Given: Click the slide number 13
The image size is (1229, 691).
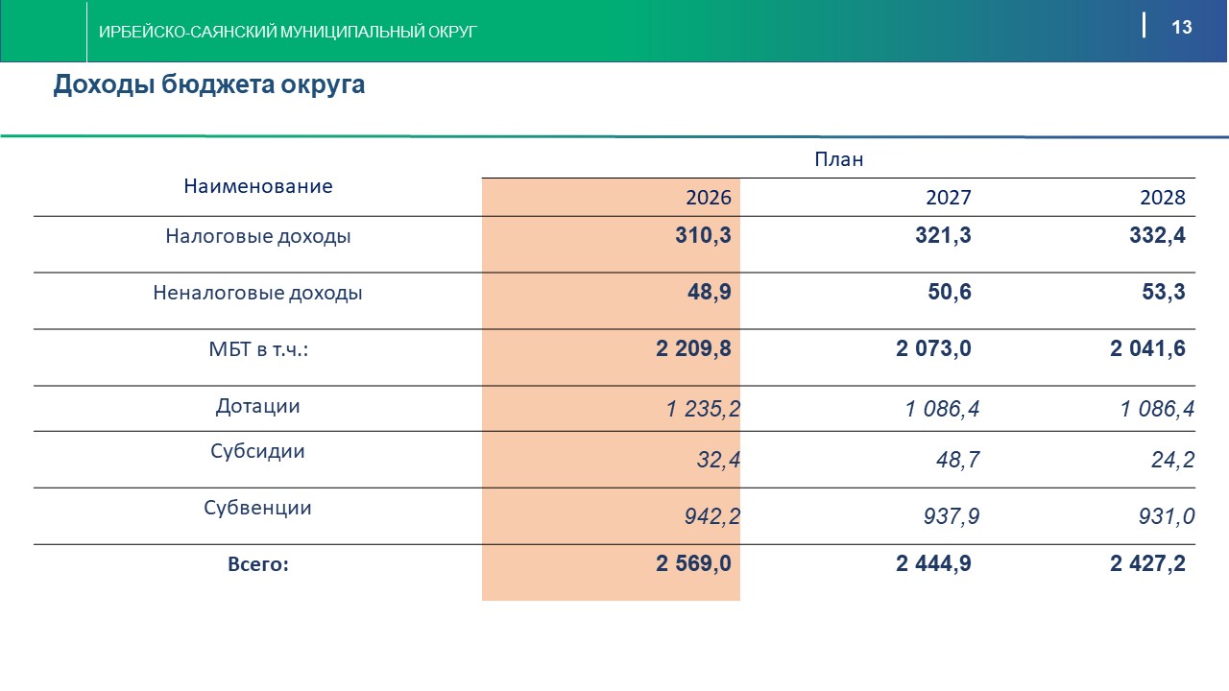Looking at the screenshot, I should pos(1181,27).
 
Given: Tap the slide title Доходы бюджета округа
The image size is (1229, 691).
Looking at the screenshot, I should pos(208,84).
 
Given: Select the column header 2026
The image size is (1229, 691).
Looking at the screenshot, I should pos(708,198).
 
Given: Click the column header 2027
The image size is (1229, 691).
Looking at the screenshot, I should pos(948,198).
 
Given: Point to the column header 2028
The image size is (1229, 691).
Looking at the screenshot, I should pos(1163,198).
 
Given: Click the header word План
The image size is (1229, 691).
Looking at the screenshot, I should pos(838,159).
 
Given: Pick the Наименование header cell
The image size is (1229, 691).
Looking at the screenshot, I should pos(257,186).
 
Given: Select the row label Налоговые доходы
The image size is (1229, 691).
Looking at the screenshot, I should pos(257,236).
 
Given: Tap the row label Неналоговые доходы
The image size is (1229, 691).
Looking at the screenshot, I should pos(257,293).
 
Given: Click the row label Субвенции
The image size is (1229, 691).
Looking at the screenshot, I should pos(257,508).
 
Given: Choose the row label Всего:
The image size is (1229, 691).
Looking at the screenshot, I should pos(257,564).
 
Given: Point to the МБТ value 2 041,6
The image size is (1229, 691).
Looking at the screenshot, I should pos(1147,349).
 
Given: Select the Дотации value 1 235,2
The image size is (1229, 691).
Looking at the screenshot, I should pos(703,410).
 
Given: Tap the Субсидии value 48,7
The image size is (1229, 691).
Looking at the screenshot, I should pos(957,460).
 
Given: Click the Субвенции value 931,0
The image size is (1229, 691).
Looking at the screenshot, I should pos(1167,517).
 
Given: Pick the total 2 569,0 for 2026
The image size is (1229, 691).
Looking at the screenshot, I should pos(693,564).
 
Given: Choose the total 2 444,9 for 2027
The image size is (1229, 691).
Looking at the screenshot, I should pos(933,564).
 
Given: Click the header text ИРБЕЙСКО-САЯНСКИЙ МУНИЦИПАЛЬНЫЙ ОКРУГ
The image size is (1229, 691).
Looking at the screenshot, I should pos(288,33).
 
